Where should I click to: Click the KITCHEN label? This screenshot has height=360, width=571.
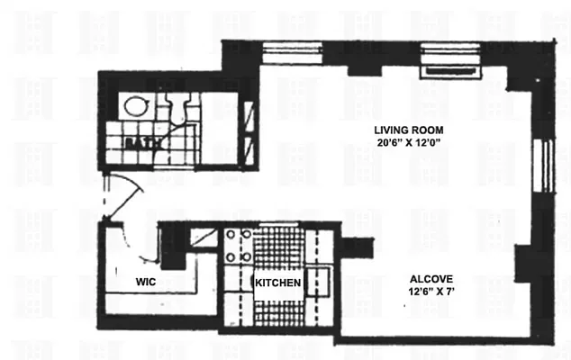[278, 283]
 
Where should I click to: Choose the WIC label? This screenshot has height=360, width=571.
[147, 283]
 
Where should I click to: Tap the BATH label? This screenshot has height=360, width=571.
[140, 142]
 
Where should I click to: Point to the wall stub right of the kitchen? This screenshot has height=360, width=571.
[358, 244]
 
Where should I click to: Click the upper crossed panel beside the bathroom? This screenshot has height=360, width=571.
[251, 116]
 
